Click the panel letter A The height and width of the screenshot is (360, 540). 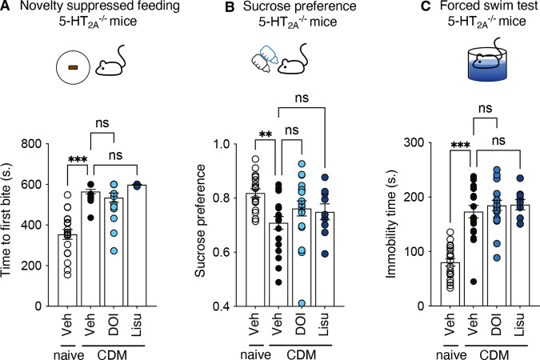pos(6,8)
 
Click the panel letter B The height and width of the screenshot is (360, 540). pos(190,8)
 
